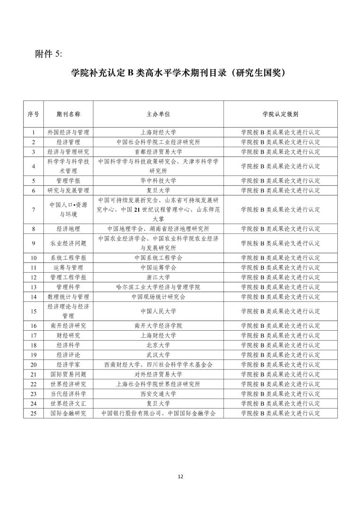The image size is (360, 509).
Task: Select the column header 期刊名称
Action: click(x=68, y=114)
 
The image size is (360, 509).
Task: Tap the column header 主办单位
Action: click(x=158, y=114)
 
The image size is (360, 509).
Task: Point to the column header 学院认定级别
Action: click(x=280, y=114)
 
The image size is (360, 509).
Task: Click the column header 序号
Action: click(x=33, y=114)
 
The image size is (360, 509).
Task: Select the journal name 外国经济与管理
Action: click(x=68, y=133)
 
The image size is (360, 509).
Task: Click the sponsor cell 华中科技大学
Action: click(x=158, y=181)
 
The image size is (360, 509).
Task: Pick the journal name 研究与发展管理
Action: click(x=68, y=190)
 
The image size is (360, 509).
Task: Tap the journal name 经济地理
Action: click(x=68, y=229)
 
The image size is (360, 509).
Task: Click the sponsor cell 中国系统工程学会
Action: click(x=158, y=258)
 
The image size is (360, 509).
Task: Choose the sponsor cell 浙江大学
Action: click(x=158, y=277)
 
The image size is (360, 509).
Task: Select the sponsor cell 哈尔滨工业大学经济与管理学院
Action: click(x=158, y=287)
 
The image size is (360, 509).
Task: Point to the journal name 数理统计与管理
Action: click(x=68, y=297)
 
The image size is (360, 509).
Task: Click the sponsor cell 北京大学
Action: click(x=158, y=345)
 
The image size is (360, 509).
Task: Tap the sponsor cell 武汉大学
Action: click(x=158, y=355)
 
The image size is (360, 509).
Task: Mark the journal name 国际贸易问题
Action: click(x=68, y=374)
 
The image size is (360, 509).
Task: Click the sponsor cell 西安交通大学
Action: click(x=158, y=393)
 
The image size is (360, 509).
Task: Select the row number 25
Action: click(x=33, y=413)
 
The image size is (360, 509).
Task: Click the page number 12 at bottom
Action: click(x=180, y=476)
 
